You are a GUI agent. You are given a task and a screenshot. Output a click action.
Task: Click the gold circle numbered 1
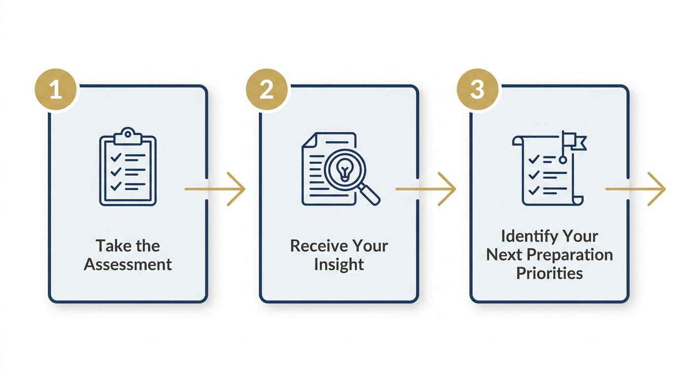(x=56, y=90)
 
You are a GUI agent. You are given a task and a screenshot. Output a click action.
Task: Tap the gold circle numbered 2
(x=267, y=90)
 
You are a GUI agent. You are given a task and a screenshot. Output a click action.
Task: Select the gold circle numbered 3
(x=477, y=90)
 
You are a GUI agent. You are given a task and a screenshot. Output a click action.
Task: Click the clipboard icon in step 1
(x=128, y=167)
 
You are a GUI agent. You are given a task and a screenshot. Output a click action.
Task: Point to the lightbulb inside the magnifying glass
(x=345, y=170)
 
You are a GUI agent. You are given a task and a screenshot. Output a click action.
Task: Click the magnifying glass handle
(x=369, y=195)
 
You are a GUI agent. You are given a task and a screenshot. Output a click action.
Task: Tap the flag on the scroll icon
(x=575, y=141)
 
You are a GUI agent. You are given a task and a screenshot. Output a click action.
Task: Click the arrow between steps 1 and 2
(x=215, y=189)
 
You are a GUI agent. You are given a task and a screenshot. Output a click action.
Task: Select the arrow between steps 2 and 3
(x=426, y=189)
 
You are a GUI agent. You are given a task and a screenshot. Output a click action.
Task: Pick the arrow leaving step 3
(x=636, y=189)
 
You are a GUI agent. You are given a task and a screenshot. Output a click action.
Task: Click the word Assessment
(x=128, y=264)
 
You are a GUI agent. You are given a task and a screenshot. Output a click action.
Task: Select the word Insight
(x=339, y=265)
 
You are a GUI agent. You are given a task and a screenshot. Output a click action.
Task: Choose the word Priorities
(x=549, y=273)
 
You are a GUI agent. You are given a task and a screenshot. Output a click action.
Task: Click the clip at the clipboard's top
(x=128, y=136)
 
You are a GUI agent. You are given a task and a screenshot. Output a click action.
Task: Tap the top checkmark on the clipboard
(x=116, y=157)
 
